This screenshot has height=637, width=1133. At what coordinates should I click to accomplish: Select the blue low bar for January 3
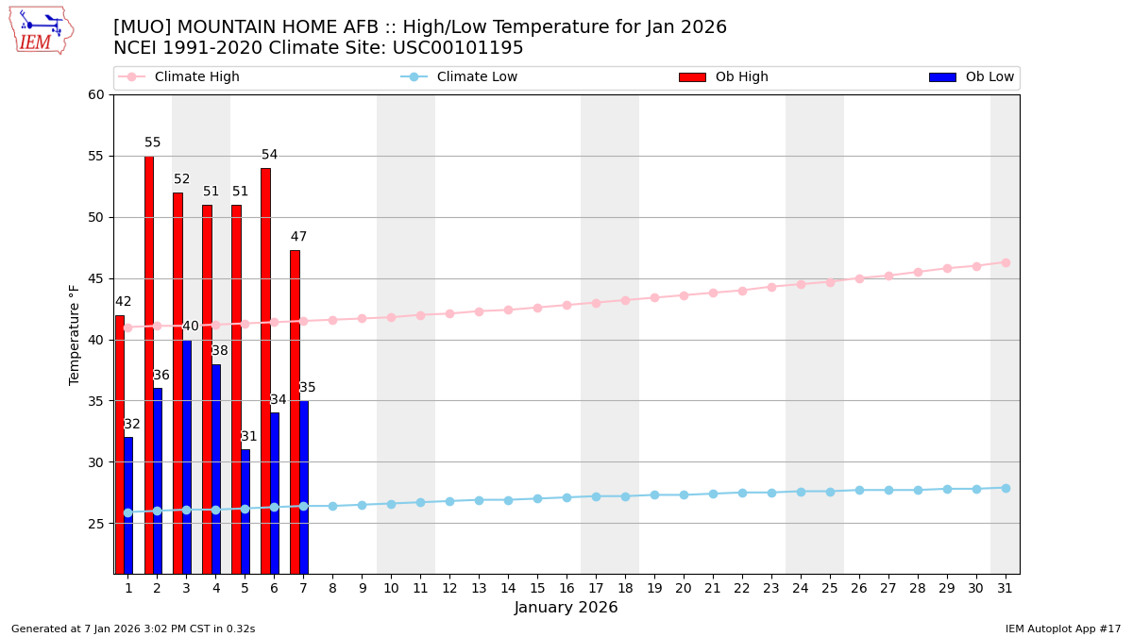point(186,457)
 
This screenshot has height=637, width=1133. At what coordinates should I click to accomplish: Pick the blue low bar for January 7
point(303,487)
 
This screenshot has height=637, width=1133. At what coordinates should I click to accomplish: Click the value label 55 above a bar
point(153,143)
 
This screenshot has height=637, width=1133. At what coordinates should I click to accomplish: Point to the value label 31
point(249,437)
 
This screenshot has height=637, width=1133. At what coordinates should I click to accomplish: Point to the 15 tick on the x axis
point(537,588)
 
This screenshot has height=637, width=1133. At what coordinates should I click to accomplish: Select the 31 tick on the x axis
point(1005,588)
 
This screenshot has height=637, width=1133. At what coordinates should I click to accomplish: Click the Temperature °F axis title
point(75,334)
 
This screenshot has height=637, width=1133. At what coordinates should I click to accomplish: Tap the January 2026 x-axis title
point(566,609)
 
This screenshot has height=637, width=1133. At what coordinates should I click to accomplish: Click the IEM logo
point(41,30)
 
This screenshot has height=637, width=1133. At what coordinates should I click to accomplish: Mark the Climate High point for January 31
point(1006,262)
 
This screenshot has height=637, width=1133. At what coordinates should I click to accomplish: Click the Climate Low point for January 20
point(684,495)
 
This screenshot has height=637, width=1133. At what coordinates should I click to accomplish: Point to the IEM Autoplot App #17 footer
point(1063,629)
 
